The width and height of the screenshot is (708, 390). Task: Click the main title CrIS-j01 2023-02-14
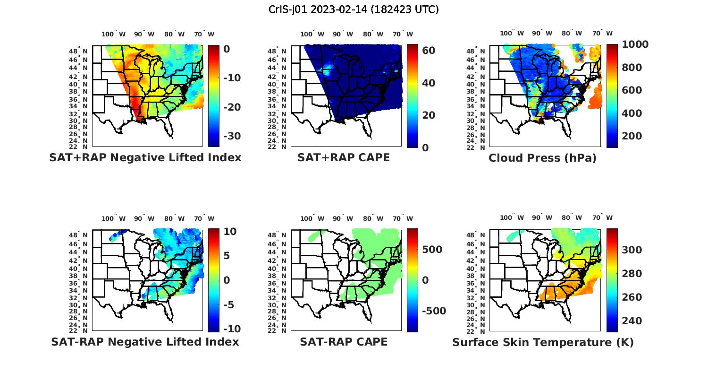tap(354, 9)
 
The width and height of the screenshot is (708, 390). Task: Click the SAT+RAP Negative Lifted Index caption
tap(145, 157)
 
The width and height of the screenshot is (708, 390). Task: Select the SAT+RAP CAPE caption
tap(344, 157)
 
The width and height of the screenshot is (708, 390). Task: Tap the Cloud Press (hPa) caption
tap(542, 158)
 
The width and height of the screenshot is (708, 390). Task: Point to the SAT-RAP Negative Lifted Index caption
tap(145, 342)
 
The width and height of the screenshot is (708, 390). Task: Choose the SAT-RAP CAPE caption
tap(344, 342)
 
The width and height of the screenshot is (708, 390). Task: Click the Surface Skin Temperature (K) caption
tap(543, 342)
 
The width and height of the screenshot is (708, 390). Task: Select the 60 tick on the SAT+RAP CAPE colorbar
tap(429, 51)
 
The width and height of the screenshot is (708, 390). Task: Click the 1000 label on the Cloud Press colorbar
tap(635, 44)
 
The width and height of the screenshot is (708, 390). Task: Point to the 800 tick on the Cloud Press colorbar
tap(632, 68)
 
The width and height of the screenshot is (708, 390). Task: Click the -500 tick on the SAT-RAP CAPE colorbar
tap(433, 311)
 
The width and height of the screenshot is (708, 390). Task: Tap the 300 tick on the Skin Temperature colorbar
tap(632, 250)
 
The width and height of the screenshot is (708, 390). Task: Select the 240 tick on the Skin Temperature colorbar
tap(632, 321)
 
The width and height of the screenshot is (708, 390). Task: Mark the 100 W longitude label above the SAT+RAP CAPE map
tap(312, 34)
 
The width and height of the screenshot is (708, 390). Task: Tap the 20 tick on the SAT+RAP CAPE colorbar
tap(429, 115)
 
